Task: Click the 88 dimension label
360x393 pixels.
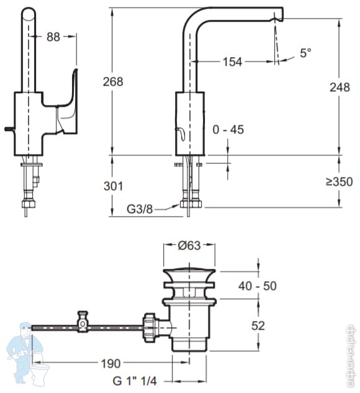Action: [x=53, y=37]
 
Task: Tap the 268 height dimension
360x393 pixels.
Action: [x=113, y=82]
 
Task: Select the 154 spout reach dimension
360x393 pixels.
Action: [x=233, y=61]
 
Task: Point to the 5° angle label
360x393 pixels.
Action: [x=305, y=53]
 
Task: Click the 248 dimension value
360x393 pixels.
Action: [x=340, y=88]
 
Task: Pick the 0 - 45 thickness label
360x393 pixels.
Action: [x=228, y=130]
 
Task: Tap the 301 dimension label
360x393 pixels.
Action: [x=114, y=186]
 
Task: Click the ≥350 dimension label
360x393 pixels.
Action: [x=339, y=181]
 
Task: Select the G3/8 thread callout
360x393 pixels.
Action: [x=140, y=209]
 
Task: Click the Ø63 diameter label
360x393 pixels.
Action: [x=189, y=245]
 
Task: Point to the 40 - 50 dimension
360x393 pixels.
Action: [x=258, y=286]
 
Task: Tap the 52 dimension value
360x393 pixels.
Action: [x=258, y=325]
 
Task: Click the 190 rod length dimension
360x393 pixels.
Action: [x=110, y=364]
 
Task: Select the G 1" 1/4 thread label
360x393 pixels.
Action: [x=135, y=381]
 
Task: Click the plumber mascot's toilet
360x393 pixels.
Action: [x=40, y=373]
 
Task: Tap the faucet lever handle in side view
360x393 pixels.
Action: [x=67, y=100]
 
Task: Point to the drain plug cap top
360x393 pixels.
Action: [x=189, y=270]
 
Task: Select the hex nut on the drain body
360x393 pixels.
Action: [x=150, y=327]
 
